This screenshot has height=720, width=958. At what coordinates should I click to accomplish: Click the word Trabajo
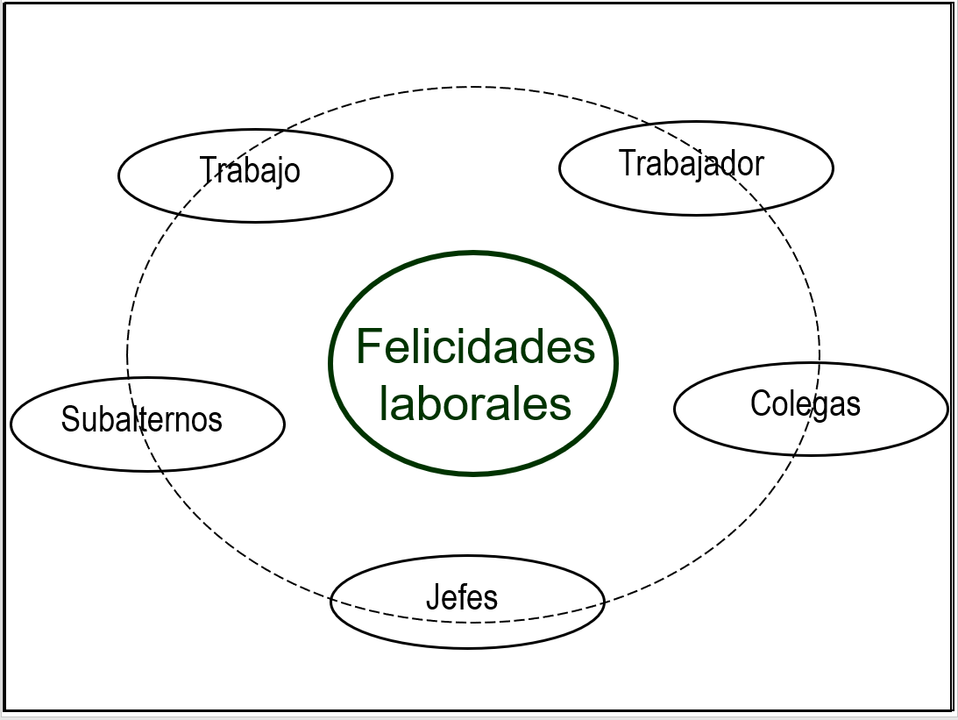(x=250, y=169)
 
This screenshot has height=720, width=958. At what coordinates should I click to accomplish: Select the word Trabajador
(x=692, y=162)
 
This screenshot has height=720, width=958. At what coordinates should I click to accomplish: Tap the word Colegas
(x=805, y=403)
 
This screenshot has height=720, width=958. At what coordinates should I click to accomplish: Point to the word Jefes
(x=462, y=597)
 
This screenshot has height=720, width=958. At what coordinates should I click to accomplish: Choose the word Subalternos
(x=142, y=419)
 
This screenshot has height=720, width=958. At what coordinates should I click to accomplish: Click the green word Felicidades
(x=475, y=346)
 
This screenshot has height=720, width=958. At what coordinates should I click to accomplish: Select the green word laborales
(x=475, y=403)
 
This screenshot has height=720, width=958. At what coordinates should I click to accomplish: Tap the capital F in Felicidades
(x=369, y=346)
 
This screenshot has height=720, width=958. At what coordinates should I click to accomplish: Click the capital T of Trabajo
(x=208, y=169)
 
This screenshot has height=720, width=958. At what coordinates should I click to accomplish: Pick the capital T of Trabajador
(x=627, y=162)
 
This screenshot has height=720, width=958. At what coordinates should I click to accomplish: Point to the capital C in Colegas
(x=759, y=403)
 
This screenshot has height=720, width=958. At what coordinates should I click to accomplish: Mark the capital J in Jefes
(x=432, y=597)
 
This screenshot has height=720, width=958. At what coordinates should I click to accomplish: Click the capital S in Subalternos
(x=69, y=419)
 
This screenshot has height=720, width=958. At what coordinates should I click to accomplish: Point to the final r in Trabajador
(x=759, y=164)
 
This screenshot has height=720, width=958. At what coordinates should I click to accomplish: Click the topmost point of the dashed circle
(x=473, y=87)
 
